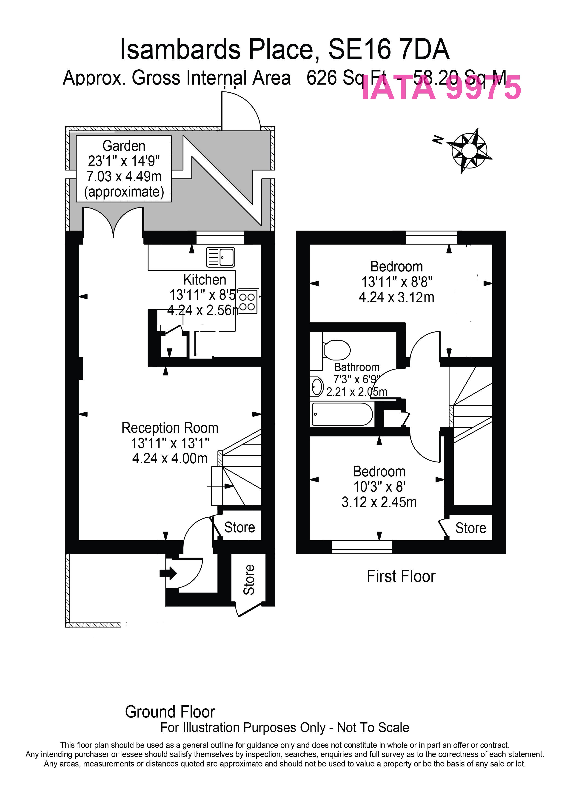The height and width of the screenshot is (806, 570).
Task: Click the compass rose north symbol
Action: [x=469, y=151]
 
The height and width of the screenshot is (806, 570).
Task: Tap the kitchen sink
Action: [x=220, y=257]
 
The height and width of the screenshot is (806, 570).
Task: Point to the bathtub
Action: [x=342, y=414]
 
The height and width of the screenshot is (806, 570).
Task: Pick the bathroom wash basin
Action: [x=317, y=387]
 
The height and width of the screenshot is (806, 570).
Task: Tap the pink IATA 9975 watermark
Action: [x=441, y=88]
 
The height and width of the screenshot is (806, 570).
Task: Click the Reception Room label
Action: [x=170, y=428]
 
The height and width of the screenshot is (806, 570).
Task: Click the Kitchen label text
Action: [x=205, y=280]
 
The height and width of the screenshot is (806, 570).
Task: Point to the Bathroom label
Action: [x=357, y=367]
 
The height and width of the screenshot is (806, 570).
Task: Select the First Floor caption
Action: [x=401, y=576]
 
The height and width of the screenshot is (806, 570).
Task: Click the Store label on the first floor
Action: [x=471, y=528]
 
